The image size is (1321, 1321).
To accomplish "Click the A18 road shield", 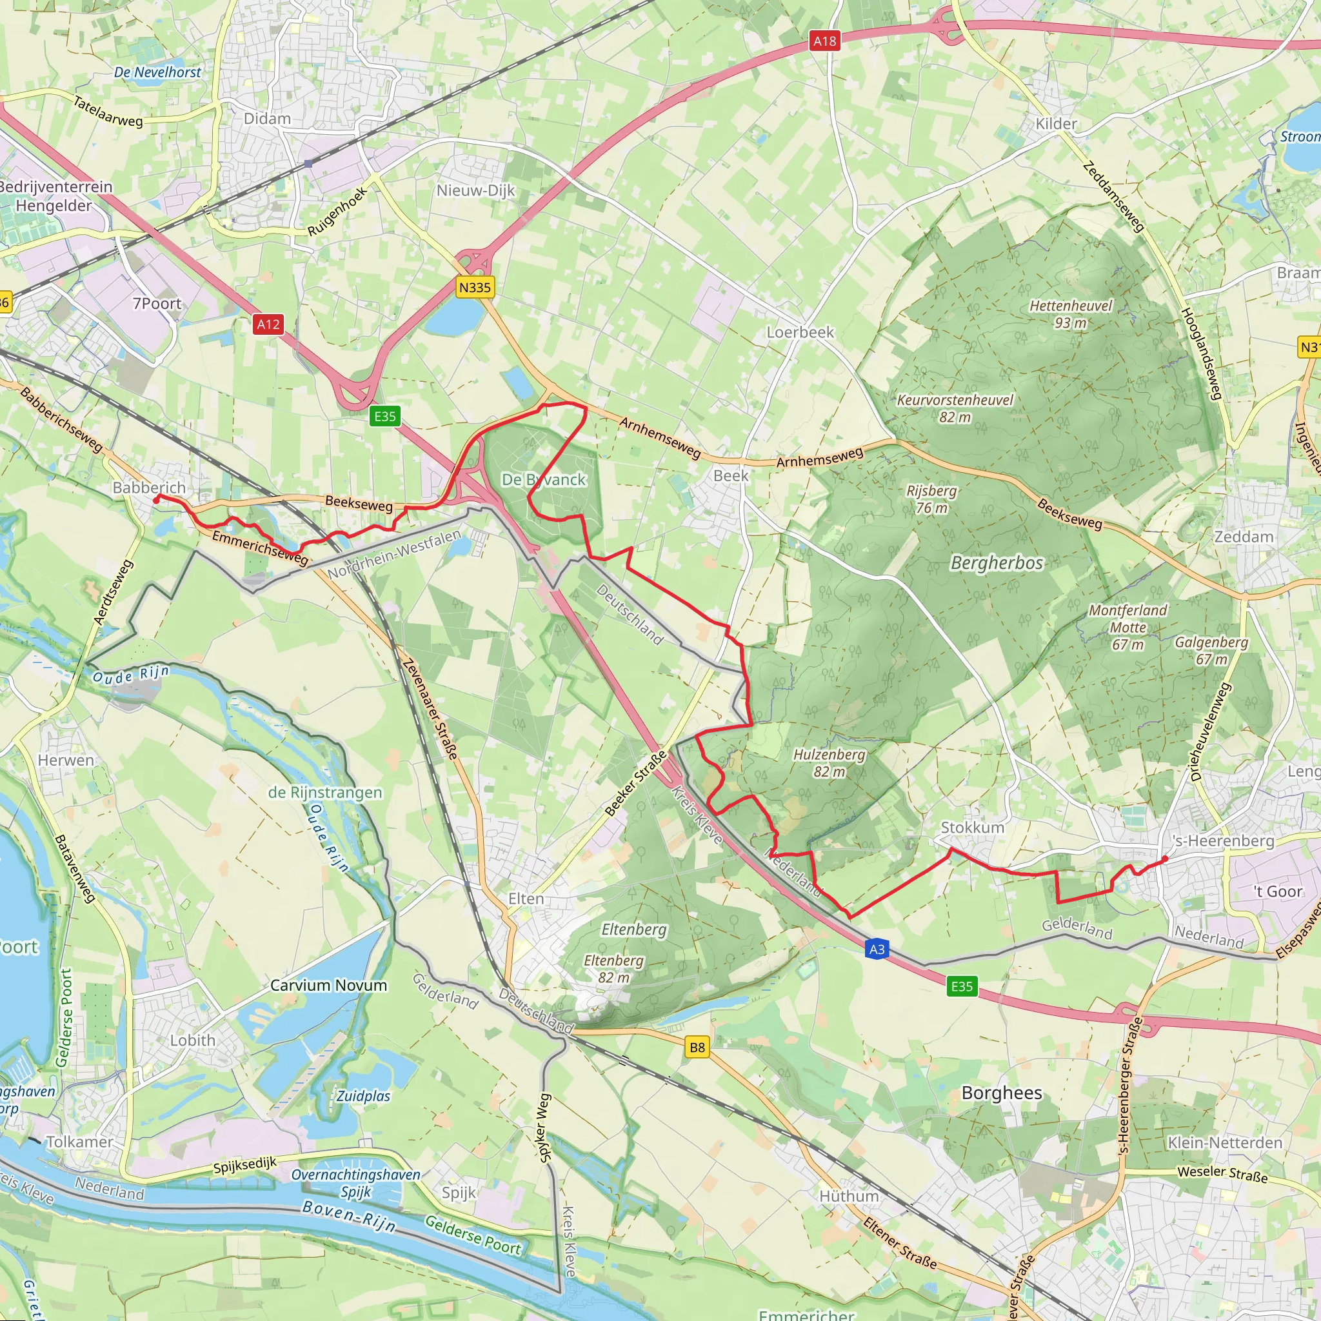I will point(824,41).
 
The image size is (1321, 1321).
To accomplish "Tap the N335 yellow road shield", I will point(475,287).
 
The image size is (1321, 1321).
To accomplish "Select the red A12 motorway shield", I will point(268,324).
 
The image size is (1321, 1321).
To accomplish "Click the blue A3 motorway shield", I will point(877,949).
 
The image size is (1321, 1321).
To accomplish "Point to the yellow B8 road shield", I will point(697,1047).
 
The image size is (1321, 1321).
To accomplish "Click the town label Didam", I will point(267,119).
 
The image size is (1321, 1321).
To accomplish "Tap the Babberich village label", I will point(149,488).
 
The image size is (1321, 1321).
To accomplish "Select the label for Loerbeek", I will point(800,332).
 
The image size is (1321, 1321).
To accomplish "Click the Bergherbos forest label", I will point(997,562).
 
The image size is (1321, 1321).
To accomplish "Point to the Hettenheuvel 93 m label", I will point(1071,314).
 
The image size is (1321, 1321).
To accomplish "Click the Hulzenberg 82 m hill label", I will point(829,762).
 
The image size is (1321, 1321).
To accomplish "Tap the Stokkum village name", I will point(972,828).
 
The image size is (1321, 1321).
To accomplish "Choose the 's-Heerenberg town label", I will point(1223,841).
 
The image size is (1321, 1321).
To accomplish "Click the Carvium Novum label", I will point(328,986).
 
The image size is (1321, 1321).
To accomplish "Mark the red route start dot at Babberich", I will point(157,501).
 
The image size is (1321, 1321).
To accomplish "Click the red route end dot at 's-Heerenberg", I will point(1165,859).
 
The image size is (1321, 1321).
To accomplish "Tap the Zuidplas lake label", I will point(363,1096).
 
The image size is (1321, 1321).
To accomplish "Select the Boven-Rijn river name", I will point(349,1216).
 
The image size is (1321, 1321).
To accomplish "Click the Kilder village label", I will point(1056,124).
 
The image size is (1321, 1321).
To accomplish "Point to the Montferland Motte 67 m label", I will point(1127,627).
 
